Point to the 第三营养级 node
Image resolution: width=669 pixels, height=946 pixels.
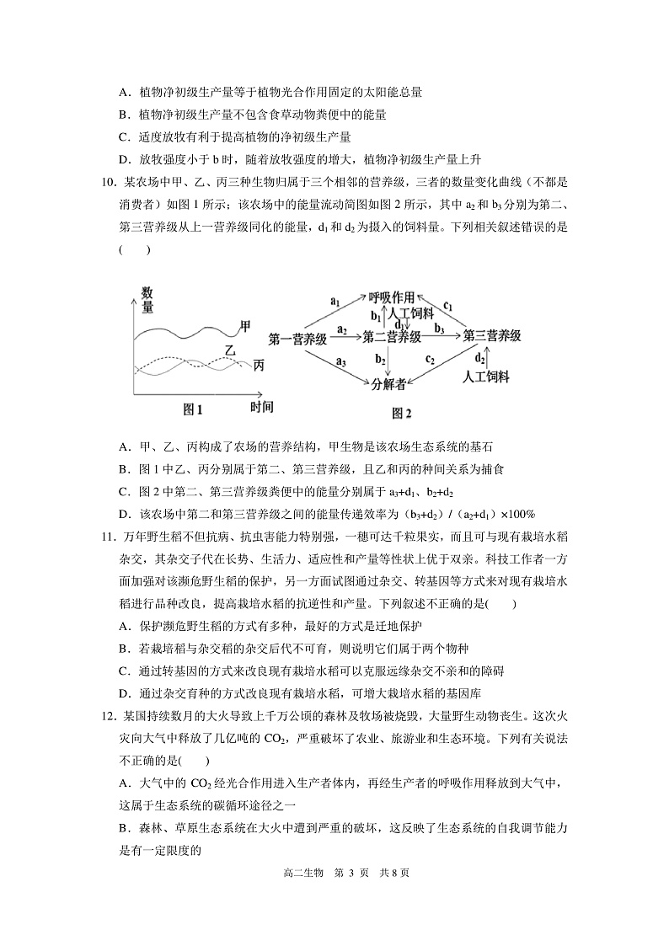491,335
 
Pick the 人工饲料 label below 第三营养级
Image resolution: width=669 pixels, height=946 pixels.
487,377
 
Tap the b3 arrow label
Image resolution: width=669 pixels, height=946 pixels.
439,327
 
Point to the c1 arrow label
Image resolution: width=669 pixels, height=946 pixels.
448,305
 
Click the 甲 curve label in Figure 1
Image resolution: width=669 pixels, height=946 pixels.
245,325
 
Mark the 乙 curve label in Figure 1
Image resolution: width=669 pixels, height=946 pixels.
230,349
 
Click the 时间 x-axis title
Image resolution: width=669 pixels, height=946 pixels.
262,407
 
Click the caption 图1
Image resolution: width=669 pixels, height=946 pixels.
194,409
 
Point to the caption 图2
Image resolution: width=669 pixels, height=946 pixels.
402,413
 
